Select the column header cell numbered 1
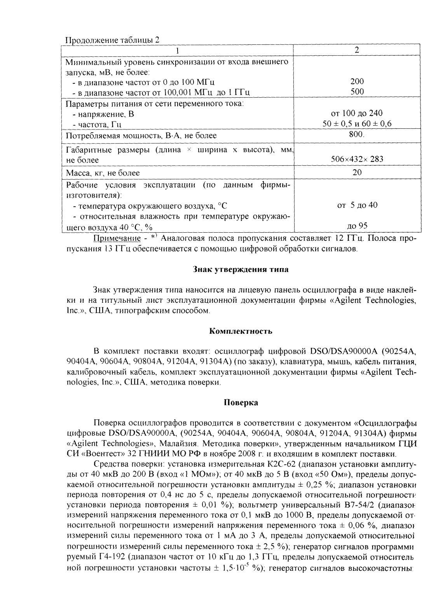point(178,50)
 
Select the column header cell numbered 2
point(357,50)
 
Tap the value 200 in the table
point(357,81)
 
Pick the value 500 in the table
point(357,92)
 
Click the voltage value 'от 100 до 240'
point(357,113)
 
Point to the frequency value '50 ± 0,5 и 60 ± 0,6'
point(357,124)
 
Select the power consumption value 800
point(357,135)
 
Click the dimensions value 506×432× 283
point(357,160)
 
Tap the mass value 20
point(357,172)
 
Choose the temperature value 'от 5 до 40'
point(357,205)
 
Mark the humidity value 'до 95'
point(357,226)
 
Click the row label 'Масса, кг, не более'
point(103,173)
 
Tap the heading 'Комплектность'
point(241,331)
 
